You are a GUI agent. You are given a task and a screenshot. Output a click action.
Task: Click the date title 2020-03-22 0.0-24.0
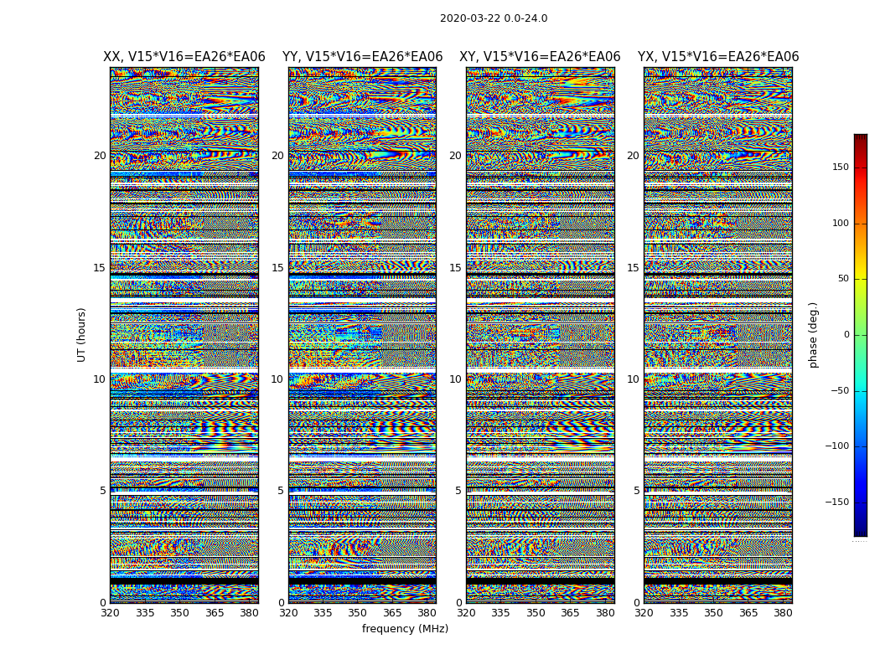[494, 18]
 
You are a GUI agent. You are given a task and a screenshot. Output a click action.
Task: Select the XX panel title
[184, 57]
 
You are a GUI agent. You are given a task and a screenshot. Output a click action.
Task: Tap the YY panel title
[362, 57]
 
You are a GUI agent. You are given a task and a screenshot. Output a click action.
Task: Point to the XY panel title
[540, 57]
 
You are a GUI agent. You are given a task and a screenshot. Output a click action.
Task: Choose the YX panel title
[718, 57]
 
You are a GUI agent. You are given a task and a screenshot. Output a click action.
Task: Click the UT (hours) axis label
[81, 334]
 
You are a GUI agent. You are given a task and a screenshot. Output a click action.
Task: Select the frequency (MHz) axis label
[405, 629]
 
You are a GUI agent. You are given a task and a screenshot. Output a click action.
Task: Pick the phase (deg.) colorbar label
[813, 334]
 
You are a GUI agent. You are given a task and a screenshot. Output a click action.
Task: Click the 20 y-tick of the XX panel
[100, 156]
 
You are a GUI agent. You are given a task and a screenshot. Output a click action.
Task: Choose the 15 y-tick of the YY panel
[277, 268]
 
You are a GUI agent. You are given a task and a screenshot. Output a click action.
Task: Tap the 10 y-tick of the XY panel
[455, 379]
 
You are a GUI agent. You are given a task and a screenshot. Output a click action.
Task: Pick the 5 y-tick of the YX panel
[636, 491]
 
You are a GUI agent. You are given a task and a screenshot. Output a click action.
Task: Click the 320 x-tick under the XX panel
[110, 613]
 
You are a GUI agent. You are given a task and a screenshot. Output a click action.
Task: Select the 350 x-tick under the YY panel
[358, 613]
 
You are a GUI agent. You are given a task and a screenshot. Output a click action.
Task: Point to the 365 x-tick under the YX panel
[748, 613]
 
